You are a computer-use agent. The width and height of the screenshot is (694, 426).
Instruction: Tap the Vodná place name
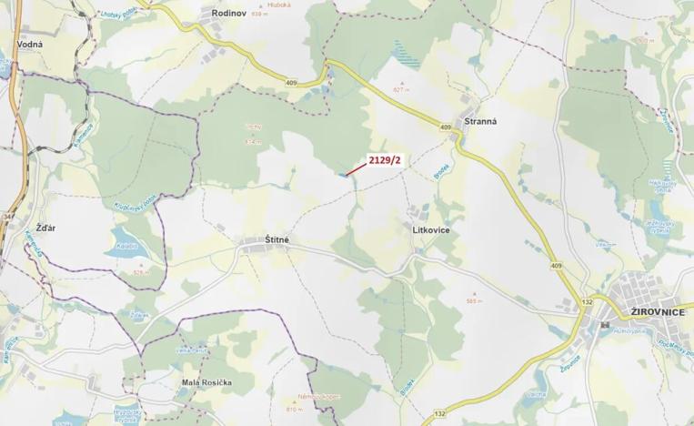30,43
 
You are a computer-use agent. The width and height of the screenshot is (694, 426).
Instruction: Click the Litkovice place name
431,230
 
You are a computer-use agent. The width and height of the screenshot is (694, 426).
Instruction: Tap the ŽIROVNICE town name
650,311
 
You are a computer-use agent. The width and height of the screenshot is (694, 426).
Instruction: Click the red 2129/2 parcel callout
384,160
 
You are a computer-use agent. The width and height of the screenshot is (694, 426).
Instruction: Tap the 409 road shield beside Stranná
445,127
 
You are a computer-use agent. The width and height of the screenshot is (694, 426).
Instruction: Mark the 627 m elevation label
397,90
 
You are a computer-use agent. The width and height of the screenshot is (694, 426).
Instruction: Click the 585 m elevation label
472,302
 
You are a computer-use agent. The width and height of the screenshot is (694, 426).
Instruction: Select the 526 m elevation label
139,271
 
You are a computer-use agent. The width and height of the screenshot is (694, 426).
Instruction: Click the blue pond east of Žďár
124,239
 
